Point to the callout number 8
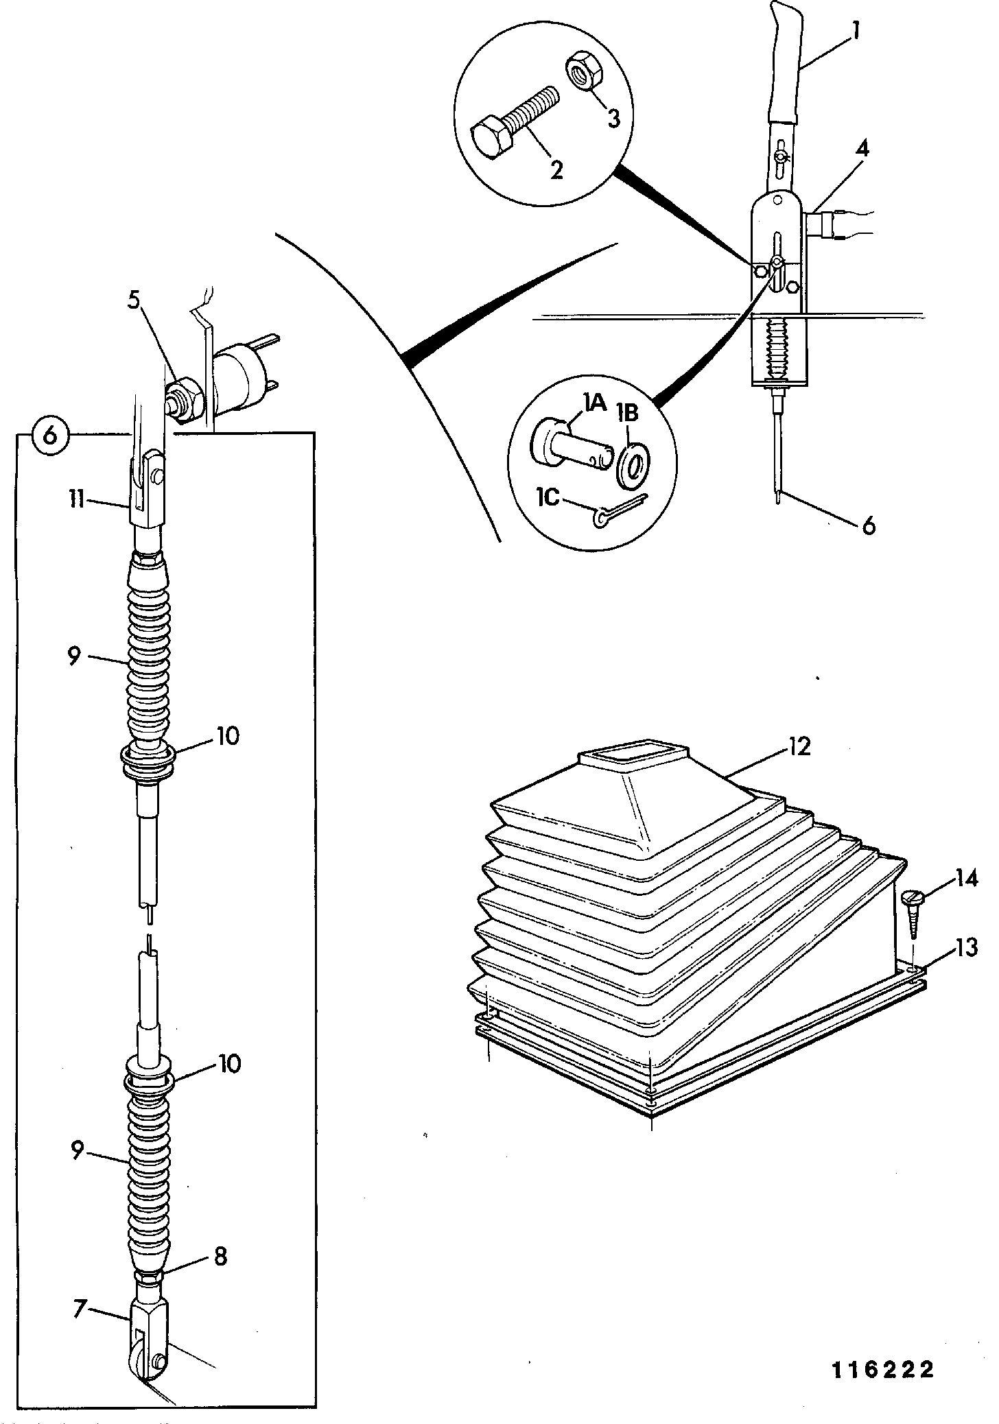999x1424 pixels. pyautogui.click(x=220, y=1257)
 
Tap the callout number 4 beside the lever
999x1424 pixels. pyautogui.click(x=862, y=148)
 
